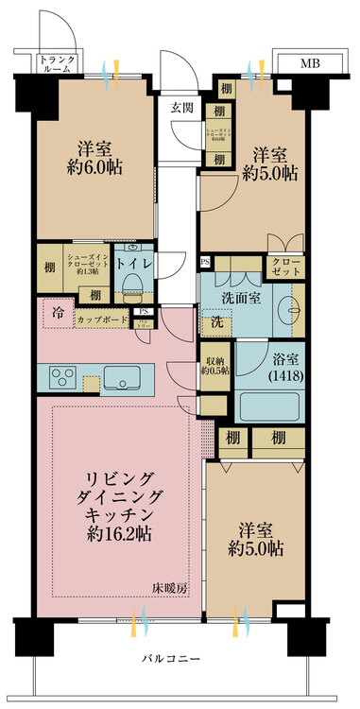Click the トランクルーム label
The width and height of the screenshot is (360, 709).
tap(58, 65)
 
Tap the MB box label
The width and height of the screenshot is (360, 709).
tap(309, 64)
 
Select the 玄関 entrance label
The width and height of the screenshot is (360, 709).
tap(181, 107)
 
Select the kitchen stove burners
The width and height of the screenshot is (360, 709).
tap(62, 377)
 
